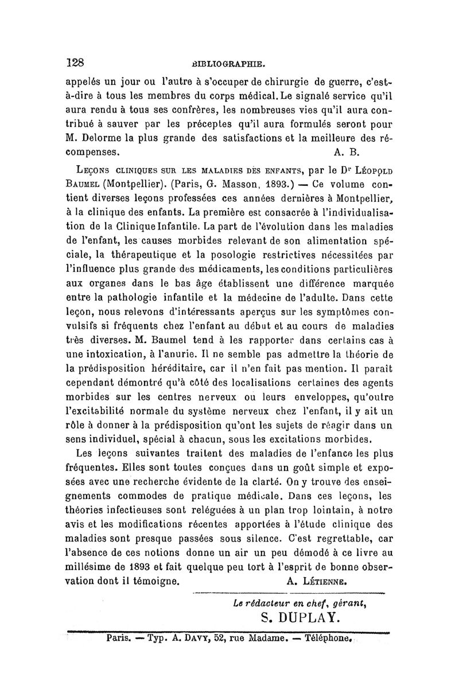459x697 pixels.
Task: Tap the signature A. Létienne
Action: (317, 581)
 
